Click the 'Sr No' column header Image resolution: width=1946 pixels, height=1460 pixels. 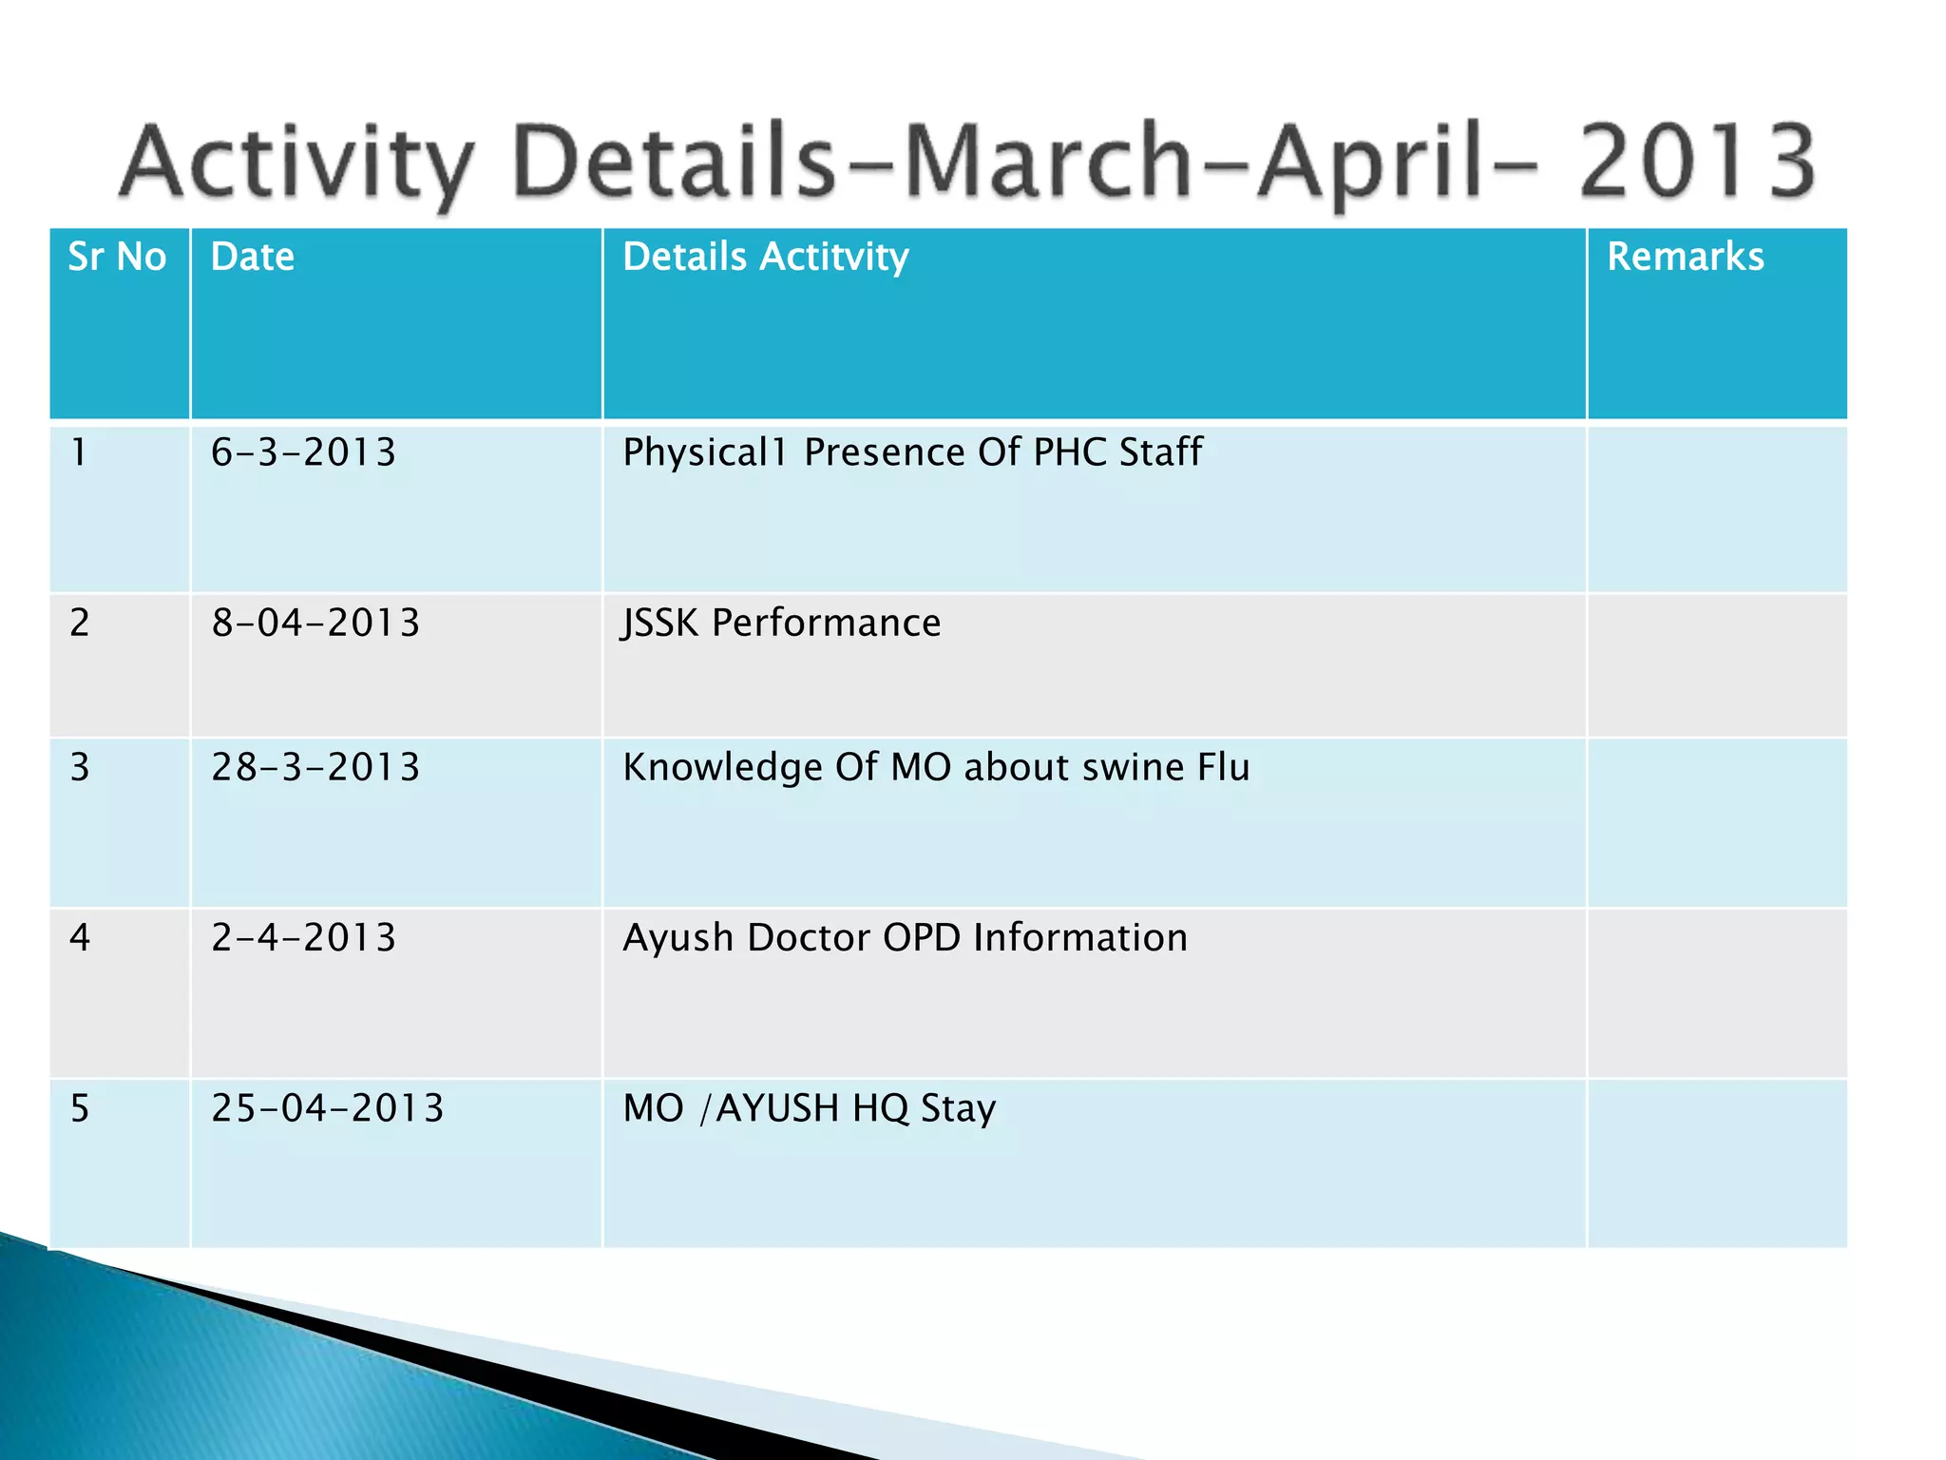[x=117, y=258]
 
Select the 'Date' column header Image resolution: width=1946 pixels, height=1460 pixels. [x=253, y=258]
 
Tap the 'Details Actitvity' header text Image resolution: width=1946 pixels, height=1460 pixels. [x=765, y=258]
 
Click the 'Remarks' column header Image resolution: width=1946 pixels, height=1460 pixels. [x=1685, y=258]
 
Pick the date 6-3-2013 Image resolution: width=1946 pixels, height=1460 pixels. [x=303, y=452]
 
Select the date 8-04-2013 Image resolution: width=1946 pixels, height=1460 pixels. [x=315, y=624]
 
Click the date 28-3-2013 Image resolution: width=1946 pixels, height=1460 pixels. [x=315, y=768]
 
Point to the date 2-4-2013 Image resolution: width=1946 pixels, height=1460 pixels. [x=303, y=938]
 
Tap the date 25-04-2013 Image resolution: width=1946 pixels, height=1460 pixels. [x=328, y=1109]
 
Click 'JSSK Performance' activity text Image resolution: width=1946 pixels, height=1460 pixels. [x=781, y=624]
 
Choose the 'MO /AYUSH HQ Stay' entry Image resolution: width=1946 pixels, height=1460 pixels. [x=809, y=1109]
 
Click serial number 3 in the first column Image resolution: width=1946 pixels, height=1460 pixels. [x=80, y=768]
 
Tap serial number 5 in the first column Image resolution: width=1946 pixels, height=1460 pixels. [x=80, y=1109]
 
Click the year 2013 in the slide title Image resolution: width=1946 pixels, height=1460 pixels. [x=1697, y=162]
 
